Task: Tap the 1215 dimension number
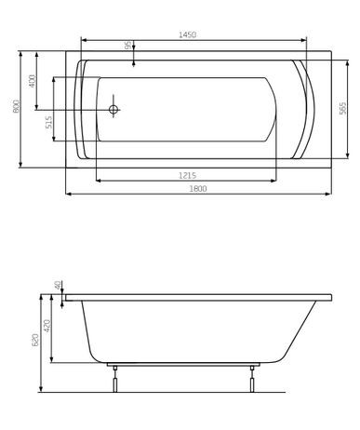click(193, 174)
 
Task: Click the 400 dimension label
click(33, 81)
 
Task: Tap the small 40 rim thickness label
click(58, 286)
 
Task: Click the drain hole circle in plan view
click(114, 110)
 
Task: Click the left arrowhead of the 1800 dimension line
click(67, 195)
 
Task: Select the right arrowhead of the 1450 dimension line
click(306, 40)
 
